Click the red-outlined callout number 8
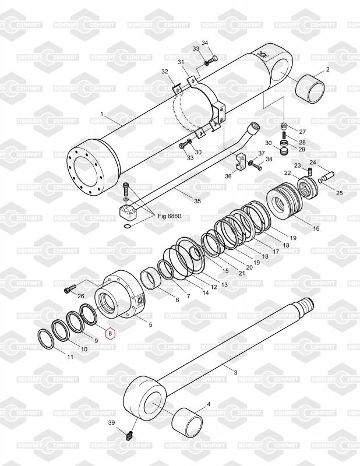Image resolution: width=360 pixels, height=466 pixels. pyautogui.click(x=110, y=335)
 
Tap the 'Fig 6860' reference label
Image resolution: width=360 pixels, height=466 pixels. pyautogui.click(x=170, y=216)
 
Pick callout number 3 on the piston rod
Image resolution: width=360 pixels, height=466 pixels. pyautogui.click(x=235, y=372)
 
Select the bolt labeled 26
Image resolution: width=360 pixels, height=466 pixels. pyautogui.click(x=69, y=287)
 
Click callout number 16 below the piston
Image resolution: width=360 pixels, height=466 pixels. pyautogui.click(x=316, y=228)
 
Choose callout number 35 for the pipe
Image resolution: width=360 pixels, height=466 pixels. pyautogui.click(x=197, y=201)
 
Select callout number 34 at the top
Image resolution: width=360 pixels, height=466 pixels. pyautogui.click(x=204, y=44)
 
